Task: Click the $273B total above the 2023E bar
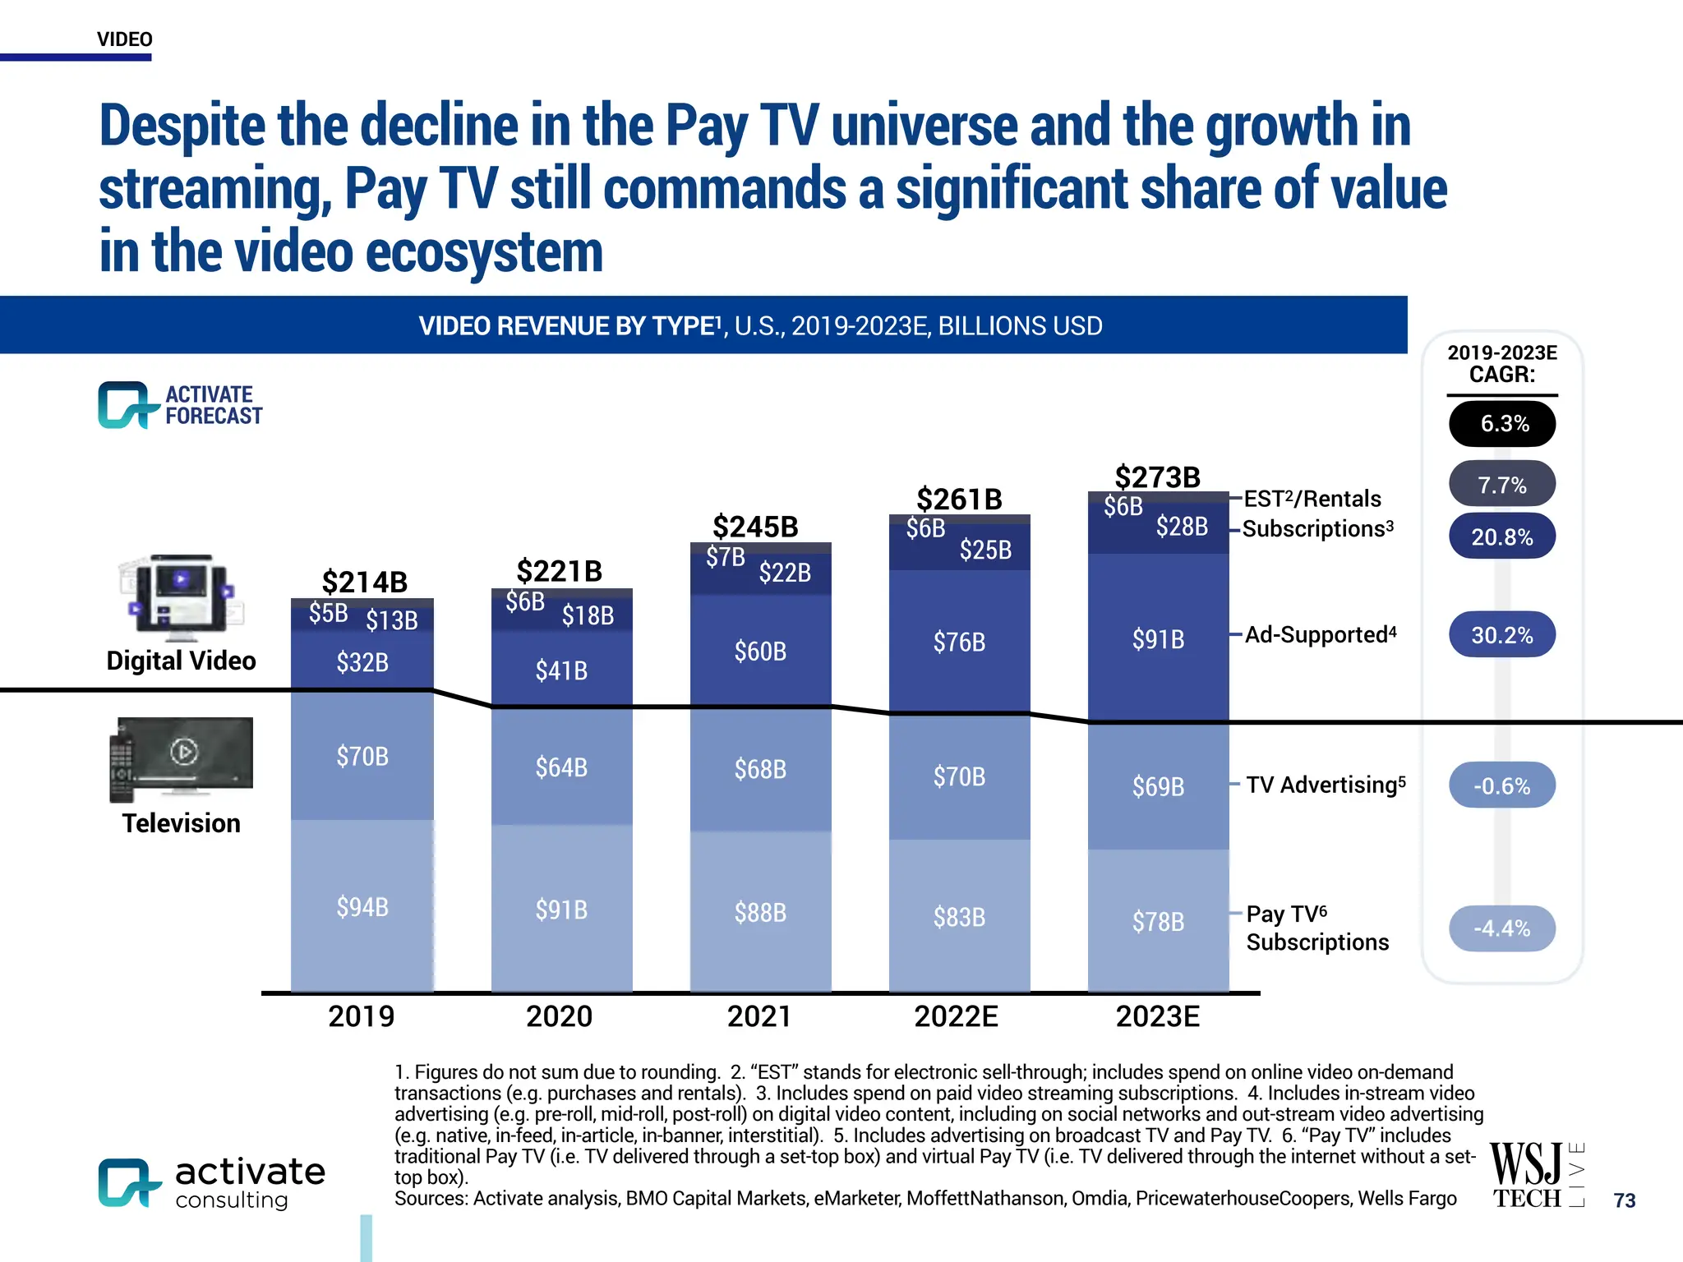(1157, 477)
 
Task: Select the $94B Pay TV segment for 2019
(362, 907)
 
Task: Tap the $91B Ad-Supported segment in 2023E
(1158, 639)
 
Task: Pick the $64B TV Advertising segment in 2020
(561, 767)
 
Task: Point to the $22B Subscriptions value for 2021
(785, 572)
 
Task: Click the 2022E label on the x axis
(956, 1016)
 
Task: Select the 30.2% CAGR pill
(1501, 635)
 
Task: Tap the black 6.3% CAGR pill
(1501, 424)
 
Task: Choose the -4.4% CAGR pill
(1501, 928)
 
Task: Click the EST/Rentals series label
(1312, 499)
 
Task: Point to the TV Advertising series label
(1325, 785)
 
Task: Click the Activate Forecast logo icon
(126, 404)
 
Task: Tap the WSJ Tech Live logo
(1535, 1176)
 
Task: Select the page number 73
(1624, 1200)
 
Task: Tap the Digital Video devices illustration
(182, 598)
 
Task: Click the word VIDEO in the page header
(124, 39)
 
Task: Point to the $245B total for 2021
(755, 527)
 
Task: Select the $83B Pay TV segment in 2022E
(959, 917)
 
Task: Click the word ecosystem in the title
(484, 252)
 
